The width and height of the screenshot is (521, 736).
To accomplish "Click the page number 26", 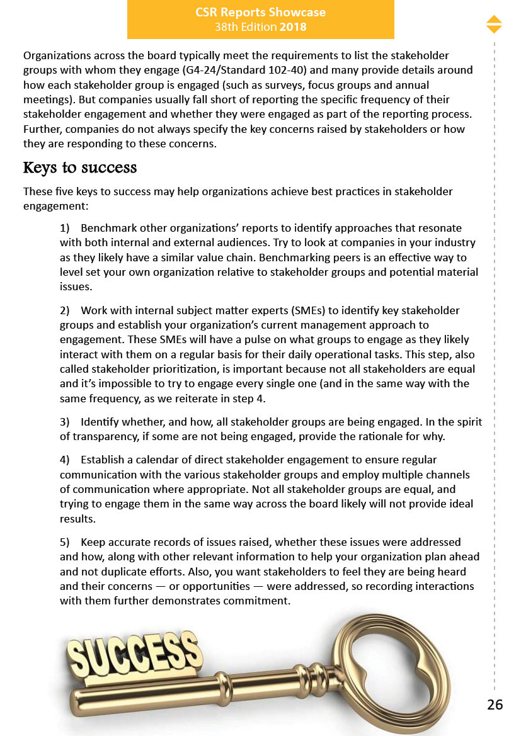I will [495, 705].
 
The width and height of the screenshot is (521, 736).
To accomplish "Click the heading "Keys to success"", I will [79, 168].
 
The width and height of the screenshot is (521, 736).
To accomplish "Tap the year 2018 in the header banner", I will [293, 27].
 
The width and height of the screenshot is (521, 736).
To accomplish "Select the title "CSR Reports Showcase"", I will [261, 13].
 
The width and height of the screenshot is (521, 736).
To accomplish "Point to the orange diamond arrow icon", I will [494, 24].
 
